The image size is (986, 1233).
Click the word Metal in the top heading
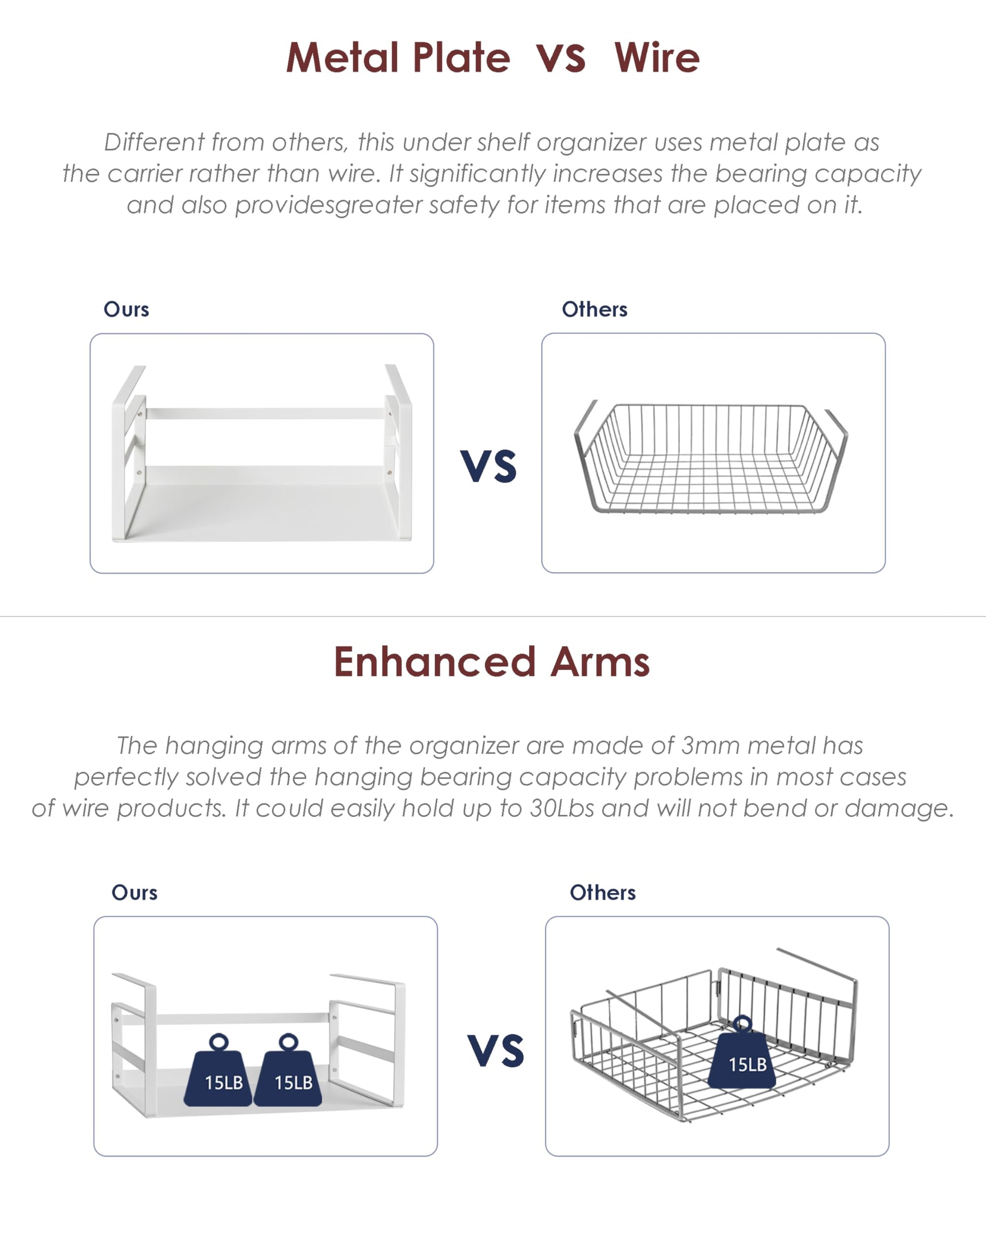pos(342,58)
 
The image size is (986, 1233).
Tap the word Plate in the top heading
pos(461,58)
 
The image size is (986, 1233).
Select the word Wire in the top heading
pos(657,58)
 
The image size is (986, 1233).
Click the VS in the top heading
pos(561,59)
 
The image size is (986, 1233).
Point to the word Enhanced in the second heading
pos(435,662)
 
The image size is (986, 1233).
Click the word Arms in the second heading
pos(600,662)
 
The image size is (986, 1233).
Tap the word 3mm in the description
pos(710,746)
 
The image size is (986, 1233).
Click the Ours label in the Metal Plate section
pos(126,310)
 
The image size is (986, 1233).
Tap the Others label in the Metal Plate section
pos(594,310)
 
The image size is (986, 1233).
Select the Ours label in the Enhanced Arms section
pos(134,893)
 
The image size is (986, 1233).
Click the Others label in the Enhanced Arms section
pos(602,893)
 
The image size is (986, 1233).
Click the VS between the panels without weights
pos(488,466)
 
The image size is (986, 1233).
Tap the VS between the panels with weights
pos(496,1051)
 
